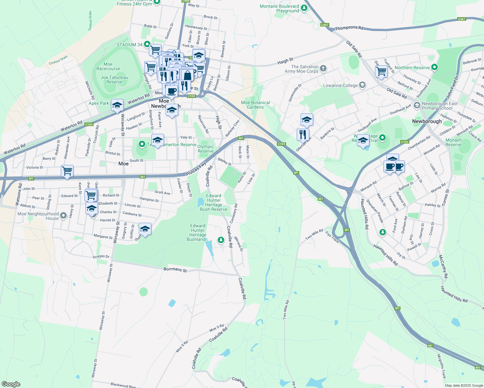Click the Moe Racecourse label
point(108,66)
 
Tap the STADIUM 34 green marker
point(147,44)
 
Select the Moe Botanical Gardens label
point(255,105)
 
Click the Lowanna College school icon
point(362,85)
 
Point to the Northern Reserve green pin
point(434,68)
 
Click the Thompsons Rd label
point(349,28)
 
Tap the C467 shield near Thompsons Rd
point(324,25)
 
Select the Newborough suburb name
point(427,121)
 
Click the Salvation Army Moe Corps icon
point(323,68)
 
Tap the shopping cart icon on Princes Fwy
point(67,170)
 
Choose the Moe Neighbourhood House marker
point(63,215)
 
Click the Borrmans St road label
point(175,269)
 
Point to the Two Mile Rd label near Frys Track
point(314,234)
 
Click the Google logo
point(11,384)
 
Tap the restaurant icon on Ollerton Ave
point(303,134)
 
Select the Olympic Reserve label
point(206,149)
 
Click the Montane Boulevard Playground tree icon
point(304,8)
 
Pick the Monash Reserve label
point(454,142)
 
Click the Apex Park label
point(99,103)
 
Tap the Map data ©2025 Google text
point(463,385)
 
